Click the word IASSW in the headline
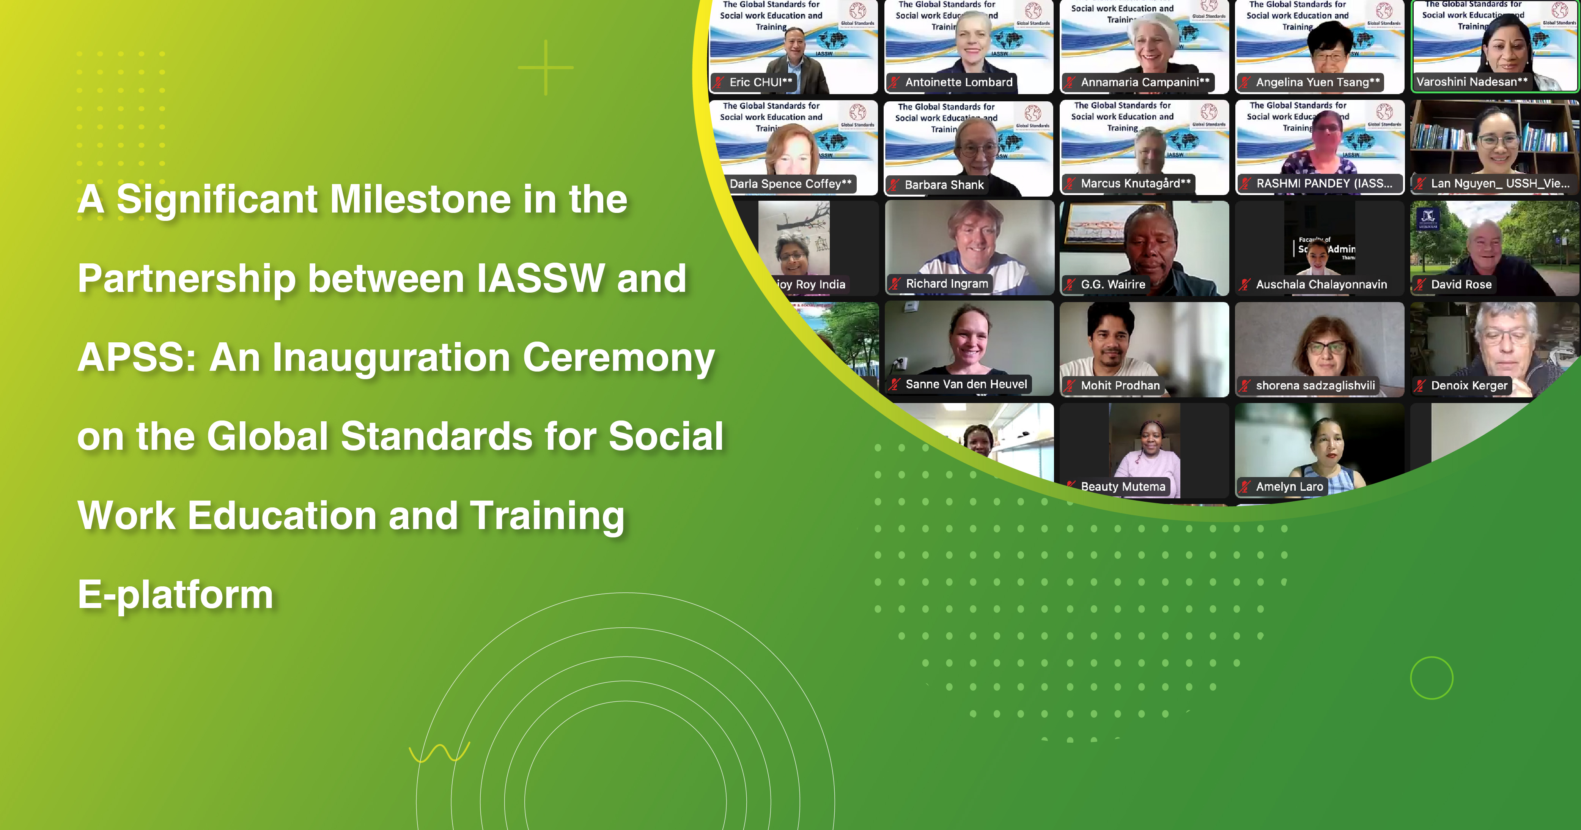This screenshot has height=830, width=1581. click(541, 278)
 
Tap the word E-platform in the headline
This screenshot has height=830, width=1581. click(176, 595)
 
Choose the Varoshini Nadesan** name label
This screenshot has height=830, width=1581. click(1471, 82)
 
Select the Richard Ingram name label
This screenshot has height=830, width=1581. click(946, 283)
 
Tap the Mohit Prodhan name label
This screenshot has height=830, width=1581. click(1120, 386)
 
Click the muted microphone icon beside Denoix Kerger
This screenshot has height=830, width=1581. click(1420, 386)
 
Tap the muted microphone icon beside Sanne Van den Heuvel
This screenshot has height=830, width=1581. click(895, 384)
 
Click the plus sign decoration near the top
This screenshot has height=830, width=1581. click(546, 68)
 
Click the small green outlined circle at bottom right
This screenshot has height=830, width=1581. click(1431, 678)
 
